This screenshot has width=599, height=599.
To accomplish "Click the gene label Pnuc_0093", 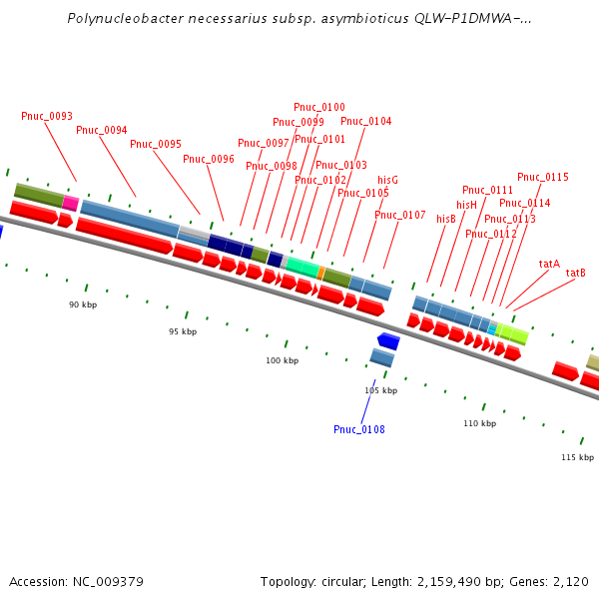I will (x=47, y=117).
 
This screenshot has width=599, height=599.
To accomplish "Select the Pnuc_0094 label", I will (x=102, y=131).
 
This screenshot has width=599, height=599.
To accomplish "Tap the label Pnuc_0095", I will (x=156, y=145).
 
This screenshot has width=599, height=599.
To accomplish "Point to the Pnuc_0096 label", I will (x=209, y=160).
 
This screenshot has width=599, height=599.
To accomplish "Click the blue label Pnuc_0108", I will (x=359, y=430).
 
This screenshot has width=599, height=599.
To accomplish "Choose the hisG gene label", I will (x=388, y=180).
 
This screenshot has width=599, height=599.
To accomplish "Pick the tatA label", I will (x=549, y=265).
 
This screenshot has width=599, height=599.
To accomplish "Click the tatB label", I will (x=576, y=274).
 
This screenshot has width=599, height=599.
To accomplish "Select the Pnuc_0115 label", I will (x=543, y=178).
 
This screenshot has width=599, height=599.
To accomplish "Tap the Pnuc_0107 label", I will (x=400, y=216).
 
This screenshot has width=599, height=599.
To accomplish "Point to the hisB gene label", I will (x=446, y=220).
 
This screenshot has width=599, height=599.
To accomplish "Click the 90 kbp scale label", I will (x=83, y=304).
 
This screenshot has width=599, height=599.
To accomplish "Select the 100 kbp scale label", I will (x=282, y=361).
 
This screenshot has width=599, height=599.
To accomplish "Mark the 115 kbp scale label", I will (x=577, y=457).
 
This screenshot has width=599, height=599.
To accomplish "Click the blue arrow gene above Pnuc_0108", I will (x=388, y=341).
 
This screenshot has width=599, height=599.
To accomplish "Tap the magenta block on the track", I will (x=71, y=203).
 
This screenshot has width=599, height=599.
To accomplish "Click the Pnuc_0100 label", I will (x=319, y=108).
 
